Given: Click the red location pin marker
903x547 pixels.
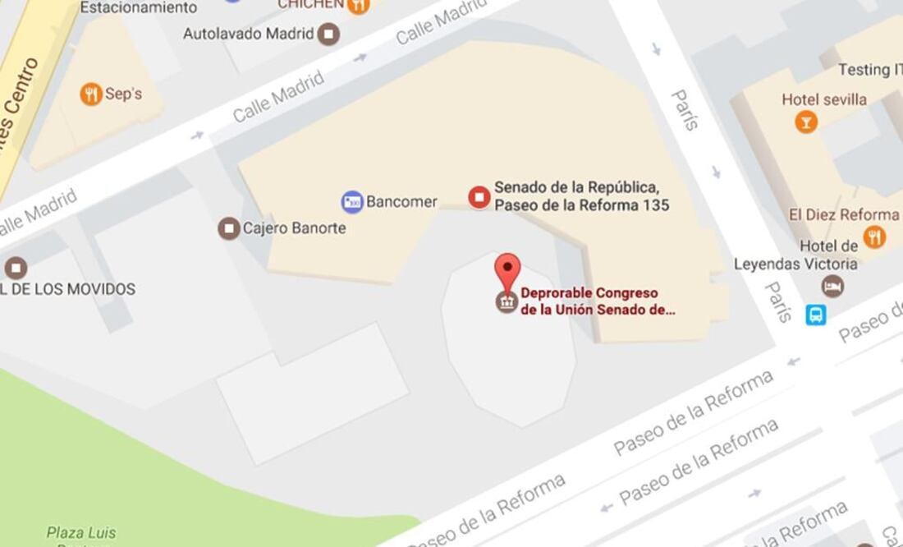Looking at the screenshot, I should [x=508, y=269].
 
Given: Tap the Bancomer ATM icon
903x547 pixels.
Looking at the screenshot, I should [x=352, y=201].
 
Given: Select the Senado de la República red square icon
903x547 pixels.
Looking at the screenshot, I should [x=479, y=196].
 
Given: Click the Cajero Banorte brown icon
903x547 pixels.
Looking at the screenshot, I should [x=229, y=228].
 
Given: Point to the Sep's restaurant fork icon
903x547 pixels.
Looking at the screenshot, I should [x=91, y=94].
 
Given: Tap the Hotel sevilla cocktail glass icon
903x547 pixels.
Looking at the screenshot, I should [x=806, y=122].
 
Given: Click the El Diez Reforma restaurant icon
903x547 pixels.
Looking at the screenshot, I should [x=875, y=237].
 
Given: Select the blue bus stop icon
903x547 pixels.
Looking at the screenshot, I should [x=815, y=315].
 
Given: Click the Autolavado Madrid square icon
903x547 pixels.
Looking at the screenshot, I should [x=329, y=34].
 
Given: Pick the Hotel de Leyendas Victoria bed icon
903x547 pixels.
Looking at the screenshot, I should [x=832, y=286].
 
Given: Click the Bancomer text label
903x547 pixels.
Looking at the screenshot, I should [x=401, y=201].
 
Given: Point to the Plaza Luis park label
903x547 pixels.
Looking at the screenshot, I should [x=81, y=532].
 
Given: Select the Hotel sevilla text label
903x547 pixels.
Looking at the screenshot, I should [x=824, y=99].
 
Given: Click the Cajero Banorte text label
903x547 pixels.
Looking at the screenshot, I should [x=294, y=228].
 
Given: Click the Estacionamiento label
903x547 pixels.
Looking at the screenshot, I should [x=138, y=7].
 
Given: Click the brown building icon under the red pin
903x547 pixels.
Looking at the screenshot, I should [x=507, y=301].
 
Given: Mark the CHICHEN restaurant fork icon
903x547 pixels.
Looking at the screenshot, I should [x=358, y=5].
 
